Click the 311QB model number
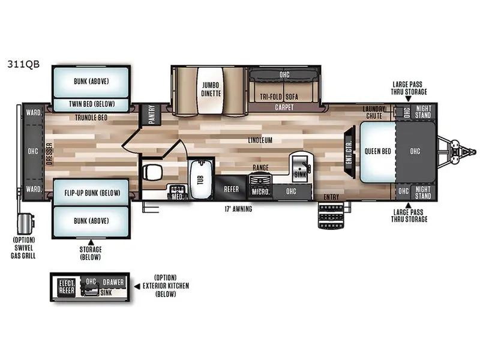[23, 64]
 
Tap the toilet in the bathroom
[152, 172]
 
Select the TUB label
[200, 179]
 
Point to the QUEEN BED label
[377, 151]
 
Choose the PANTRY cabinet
[152, 115]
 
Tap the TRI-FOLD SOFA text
[279, 97]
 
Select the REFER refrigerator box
[231, 188]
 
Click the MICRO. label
[260, 192]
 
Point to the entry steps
[331, 215]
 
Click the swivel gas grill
[26, 224]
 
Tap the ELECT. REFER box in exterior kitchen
[67, 287]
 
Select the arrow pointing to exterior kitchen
[137, 287]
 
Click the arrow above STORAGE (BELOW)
[91, 242]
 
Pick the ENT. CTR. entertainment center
[350, 152]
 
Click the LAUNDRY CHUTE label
[374, 112]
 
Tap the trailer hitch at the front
[458, 152]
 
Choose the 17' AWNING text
[238, 209]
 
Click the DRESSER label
[49, 154]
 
